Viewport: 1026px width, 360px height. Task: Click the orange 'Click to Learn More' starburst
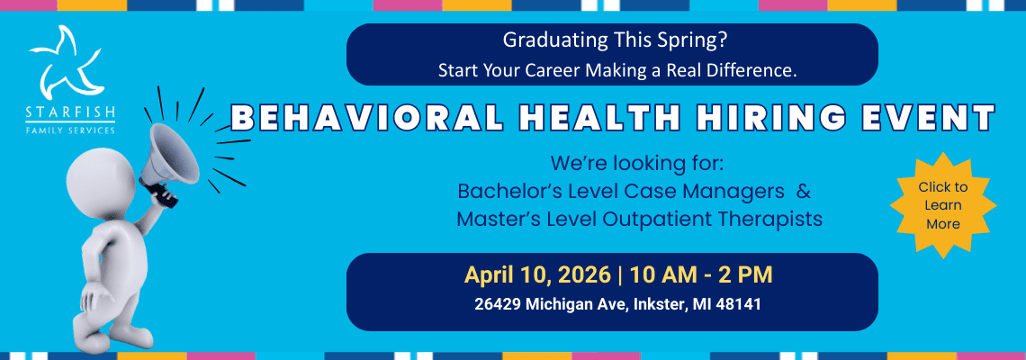[x=943, y=205]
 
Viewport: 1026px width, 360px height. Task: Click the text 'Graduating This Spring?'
[x=615, y=40]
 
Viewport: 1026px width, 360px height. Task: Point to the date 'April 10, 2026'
[x=537, y=274]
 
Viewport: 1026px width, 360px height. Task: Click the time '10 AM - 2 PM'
[x=701, y=274]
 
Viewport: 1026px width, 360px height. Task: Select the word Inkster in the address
[x=658, y=305]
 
